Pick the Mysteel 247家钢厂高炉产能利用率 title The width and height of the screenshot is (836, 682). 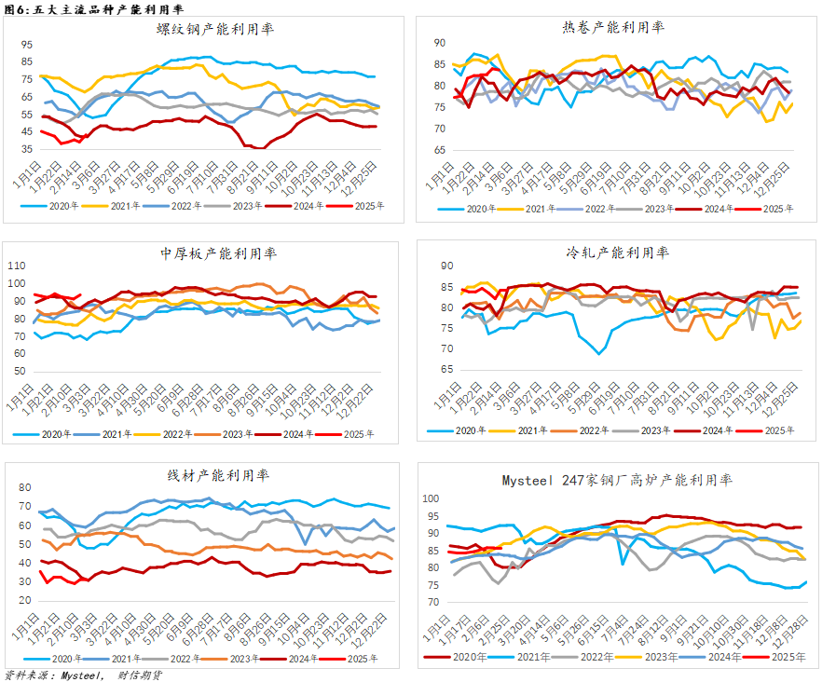point(617,480)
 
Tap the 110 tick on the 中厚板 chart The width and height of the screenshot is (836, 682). point(19,266)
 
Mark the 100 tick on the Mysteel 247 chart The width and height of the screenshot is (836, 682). point(431,498)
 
